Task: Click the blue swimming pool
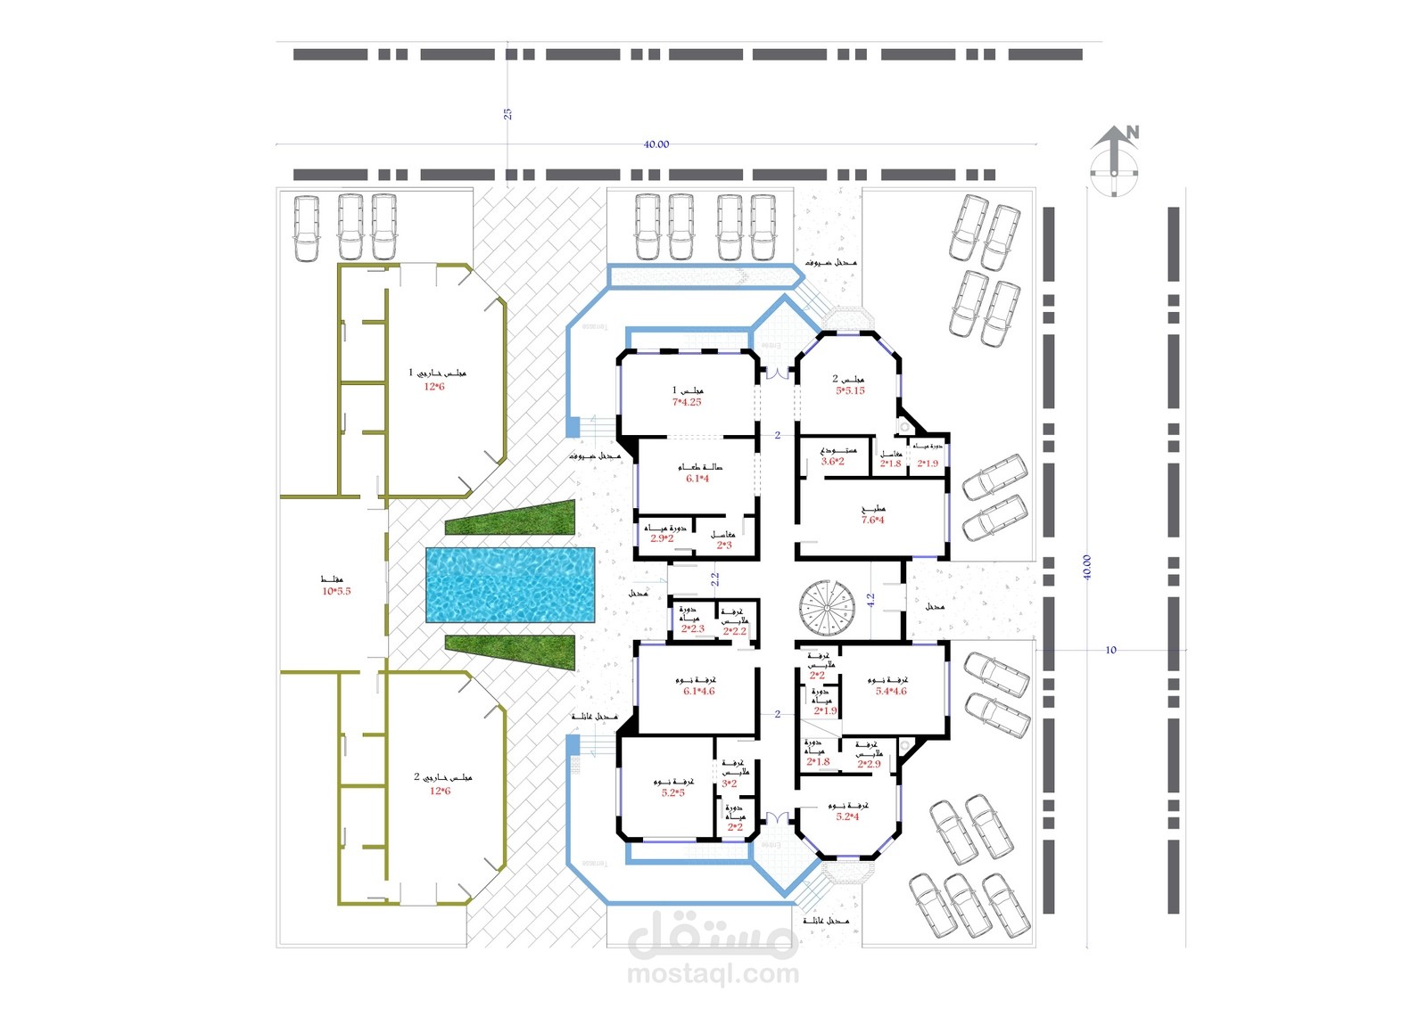[510, 585]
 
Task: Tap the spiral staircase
[825, 608]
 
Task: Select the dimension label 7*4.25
[687, 402]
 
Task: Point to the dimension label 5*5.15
[850, 390]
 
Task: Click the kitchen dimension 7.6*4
[872, 521]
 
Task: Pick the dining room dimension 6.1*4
[697, 479]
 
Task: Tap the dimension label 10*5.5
[336, 591]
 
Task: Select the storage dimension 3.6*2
[832, 462]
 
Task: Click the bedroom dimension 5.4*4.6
[891, 692]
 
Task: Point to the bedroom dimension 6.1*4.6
[699, 691]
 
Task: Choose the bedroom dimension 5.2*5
[672, 792]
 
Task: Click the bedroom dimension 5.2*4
[847, 816]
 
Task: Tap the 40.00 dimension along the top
[656, 144]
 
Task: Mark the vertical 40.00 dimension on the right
[1087, 568]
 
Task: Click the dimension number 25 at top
[507, 114]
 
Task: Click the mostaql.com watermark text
[713, 974]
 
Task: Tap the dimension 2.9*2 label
[662, 538]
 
